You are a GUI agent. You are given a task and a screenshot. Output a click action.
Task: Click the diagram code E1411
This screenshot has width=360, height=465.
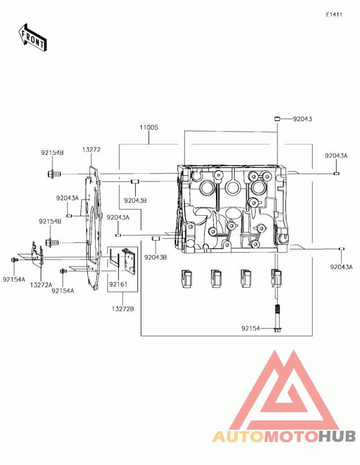tap(334, 14)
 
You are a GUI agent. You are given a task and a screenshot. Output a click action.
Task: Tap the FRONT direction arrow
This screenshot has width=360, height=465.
tap(32, 37)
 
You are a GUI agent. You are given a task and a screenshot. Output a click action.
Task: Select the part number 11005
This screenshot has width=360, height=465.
tap(149, 127)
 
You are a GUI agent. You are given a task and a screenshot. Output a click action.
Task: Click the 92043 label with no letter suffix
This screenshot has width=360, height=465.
tap(302, 119)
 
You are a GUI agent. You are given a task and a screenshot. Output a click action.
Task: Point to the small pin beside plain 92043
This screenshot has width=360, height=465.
tap(277, 119)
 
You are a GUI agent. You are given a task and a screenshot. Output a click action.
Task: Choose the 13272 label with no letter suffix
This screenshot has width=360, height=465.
tap(91, 150)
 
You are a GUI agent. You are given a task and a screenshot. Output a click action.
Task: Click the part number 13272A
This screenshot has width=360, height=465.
tap(41, 285)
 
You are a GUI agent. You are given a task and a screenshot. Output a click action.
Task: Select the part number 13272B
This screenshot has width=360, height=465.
tap(123, 309)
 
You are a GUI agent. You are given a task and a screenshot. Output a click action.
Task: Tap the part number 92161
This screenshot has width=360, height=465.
tap(118, 284)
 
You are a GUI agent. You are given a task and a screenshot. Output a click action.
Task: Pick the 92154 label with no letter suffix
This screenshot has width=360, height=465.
tap(251, 329)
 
